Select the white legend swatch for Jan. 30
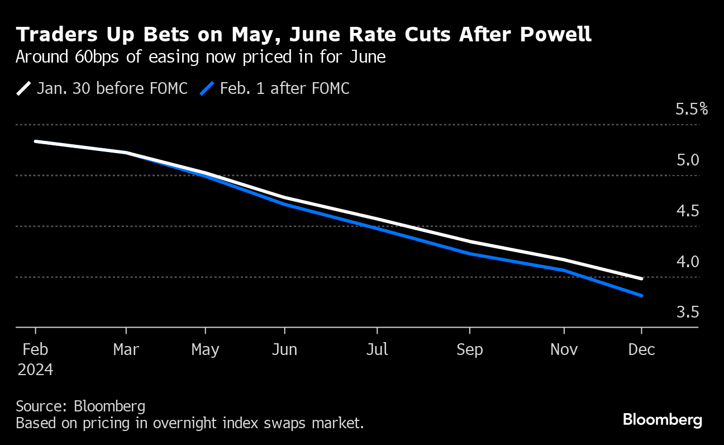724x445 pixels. click(24, 88)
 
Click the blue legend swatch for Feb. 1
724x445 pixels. click(207, 88)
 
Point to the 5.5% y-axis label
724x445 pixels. click(692, 109)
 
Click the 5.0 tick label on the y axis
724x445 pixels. click(688, 160)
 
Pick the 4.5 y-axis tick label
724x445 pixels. click(688, 211)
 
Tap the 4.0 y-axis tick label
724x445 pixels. click(688, 261)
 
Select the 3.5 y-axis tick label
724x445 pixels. click(688, 312)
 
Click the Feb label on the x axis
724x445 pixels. click(35, 349)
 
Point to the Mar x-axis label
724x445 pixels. click(126, 349)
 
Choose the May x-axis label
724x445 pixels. click(205, 350)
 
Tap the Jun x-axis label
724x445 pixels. click(284, 349)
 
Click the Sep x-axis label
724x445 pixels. click(470, 350)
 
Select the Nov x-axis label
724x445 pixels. click(564, 349)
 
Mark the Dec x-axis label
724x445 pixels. click(641, 349)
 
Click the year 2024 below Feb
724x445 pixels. click(35, 370)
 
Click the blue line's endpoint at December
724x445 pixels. click(641, 295)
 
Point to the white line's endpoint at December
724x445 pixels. click(641, 278)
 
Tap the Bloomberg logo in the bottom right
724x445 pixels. click(663, 419)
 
